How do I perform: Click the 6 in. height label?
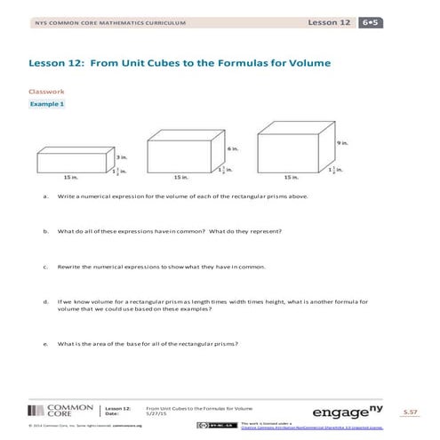coord(230,148)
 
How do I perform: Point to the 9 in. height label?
coord(340,143)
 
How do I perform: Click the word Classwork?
coord(44,91)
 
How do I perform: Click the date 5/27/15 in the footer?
coord(156,414)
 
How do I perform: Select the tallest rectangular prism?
coord(290,149)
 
